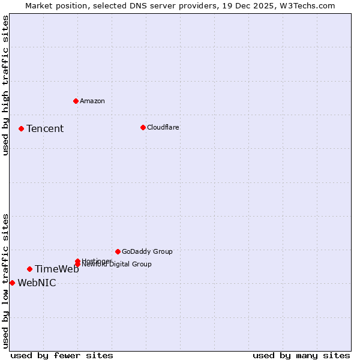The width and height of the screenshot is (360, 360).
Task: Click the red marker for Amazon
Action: coord(76,101)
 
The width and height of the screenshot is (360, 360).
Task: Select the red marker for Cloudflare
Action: coord(143,127)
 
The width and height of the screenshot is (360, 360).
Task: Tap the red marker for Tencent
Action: coord(21,128)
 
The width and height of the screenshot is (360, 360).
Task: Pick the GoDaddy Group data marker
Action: coord(118,251)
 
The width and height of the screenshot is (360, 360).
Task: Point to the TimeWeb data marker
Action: coord(29,269)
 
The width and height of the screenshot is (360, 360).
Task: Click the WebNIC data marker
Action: coord(12,283)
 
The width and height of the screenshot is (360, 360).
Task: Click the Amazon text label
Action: coord(92,101)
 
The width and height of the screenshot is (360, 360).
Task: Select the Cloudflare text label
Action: coord(163,127)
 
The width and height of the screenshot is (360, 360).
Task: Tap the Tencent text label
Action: coord(45,128)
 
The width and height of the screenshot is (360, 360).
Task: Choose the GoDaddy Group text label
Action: coord(147,251)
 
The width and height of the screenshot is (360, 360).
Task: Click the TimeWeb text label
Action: coord(56,269)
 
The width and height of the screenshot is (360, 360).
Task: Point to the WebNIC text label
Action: coord(37,283)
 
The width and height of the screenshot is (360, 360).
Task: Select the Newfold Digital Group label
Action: coord(116,264)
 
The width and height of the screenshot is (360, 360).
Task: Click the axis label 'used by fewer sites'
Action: coord(62,356)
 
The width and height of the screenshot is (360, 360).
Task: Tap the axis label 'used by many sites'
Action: coord(301,356)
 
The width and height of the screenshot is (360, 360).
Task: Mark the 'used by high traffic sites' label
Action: coord(5,85)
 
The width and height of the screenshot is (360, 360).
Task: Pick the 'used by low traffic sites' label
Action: coord(5,280)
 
